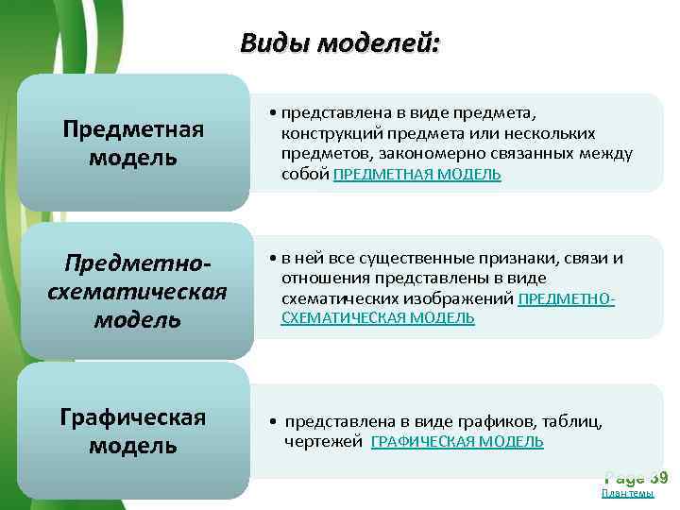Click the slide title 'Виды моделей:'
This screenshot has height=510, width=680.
tap(339, 43)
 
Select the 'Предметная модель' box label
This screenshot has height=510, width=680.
tap(133, 143)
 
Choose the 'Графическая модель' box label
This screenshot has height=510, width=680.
tap(133, 431)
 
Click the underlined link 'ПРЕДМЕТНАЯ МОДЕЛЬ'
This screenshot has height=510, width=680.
tap(417, 175)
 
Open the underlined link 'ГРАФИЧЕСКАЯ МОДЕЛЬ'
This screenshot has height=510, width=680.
tap(457, 441)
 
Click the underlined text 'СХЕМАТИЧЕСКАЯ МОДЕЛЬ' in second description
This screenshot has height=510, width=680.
tap(378, 318)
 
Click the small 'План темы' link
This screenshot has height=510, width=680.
tap(627, 493)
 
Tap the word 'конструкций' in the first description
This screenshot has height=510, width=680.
tap(325, 134)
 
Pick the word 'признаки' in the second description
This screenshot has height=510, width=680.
tap(524, 258)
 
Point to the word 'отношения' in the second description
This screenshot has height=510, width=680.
tap(321, 278)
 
